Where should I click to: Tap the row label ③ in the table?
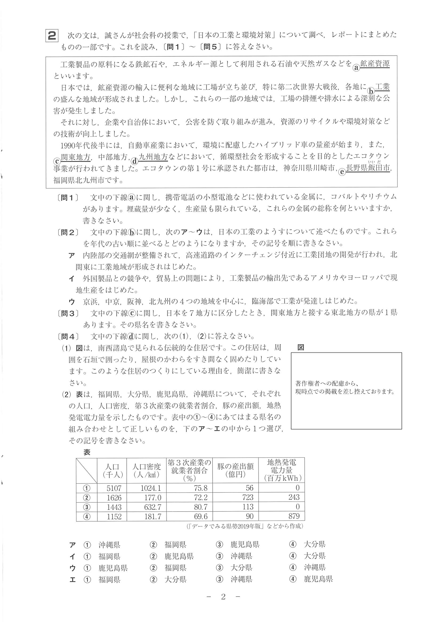click(86, 507)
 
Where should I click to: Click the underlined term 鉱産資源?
click(375, 64)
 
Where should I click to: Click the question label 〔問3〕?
click(68, 313)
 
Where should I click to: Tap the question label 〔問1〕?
click(68, 197)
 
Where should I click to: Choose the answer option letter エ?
click(72, 580)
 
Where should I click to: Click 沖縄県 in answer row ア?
click(109, 545)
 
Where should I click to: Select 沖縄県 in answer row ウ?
click(315, 568)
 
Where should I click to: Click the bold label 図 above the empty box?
click(300, 347)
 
